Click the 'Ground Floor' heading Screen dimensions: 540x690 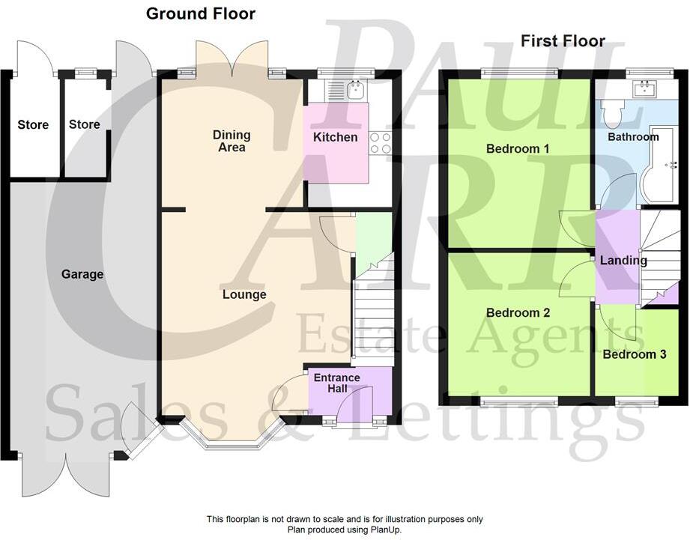coord(200,13)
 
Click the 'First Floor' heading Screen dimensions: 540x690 coord(563,41)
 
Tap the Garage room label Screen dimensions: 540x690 coord(82,274)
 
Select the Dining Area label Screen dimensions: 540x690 coord(231,141)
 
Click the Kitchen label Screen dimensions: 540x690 coord(335,137)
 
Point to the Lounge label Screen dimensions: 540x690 coord(244,294)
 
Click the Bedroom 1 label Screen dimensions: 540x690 coord(518,148)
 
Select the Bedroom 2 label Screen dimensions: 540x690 coord(518,312)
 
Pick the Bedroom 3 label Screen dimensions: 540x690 coord(635,354)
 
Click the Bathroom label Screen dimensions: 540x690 coord(633,137)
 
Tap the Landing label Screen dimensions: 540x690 coord(623,261)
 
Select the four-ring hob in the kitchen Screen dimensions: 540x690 coord(380,142)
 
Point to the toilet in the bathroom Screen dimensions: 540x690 coord(616,114)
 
